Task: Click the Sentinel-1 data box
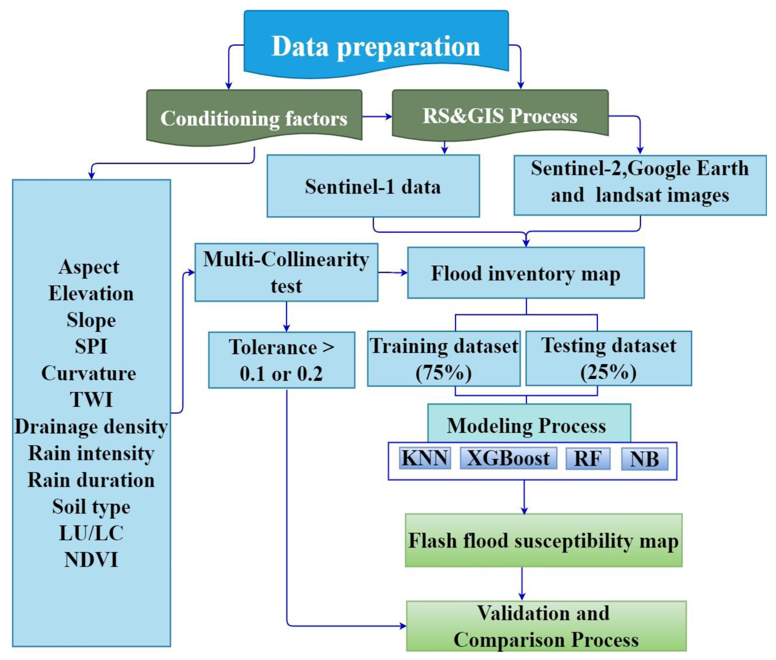pyautogui.click(x=373, y=186)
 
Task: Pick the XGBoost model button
pyautogui.click(x=508, y=458)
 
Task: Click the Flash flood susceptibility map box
pyautogui.click(x=543, y=540)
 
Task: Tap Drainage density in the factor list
pyautogui.click(x=91, y=426)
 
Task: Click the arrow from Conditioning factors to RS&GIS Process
pyautogui.click(x=377, y=116)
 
